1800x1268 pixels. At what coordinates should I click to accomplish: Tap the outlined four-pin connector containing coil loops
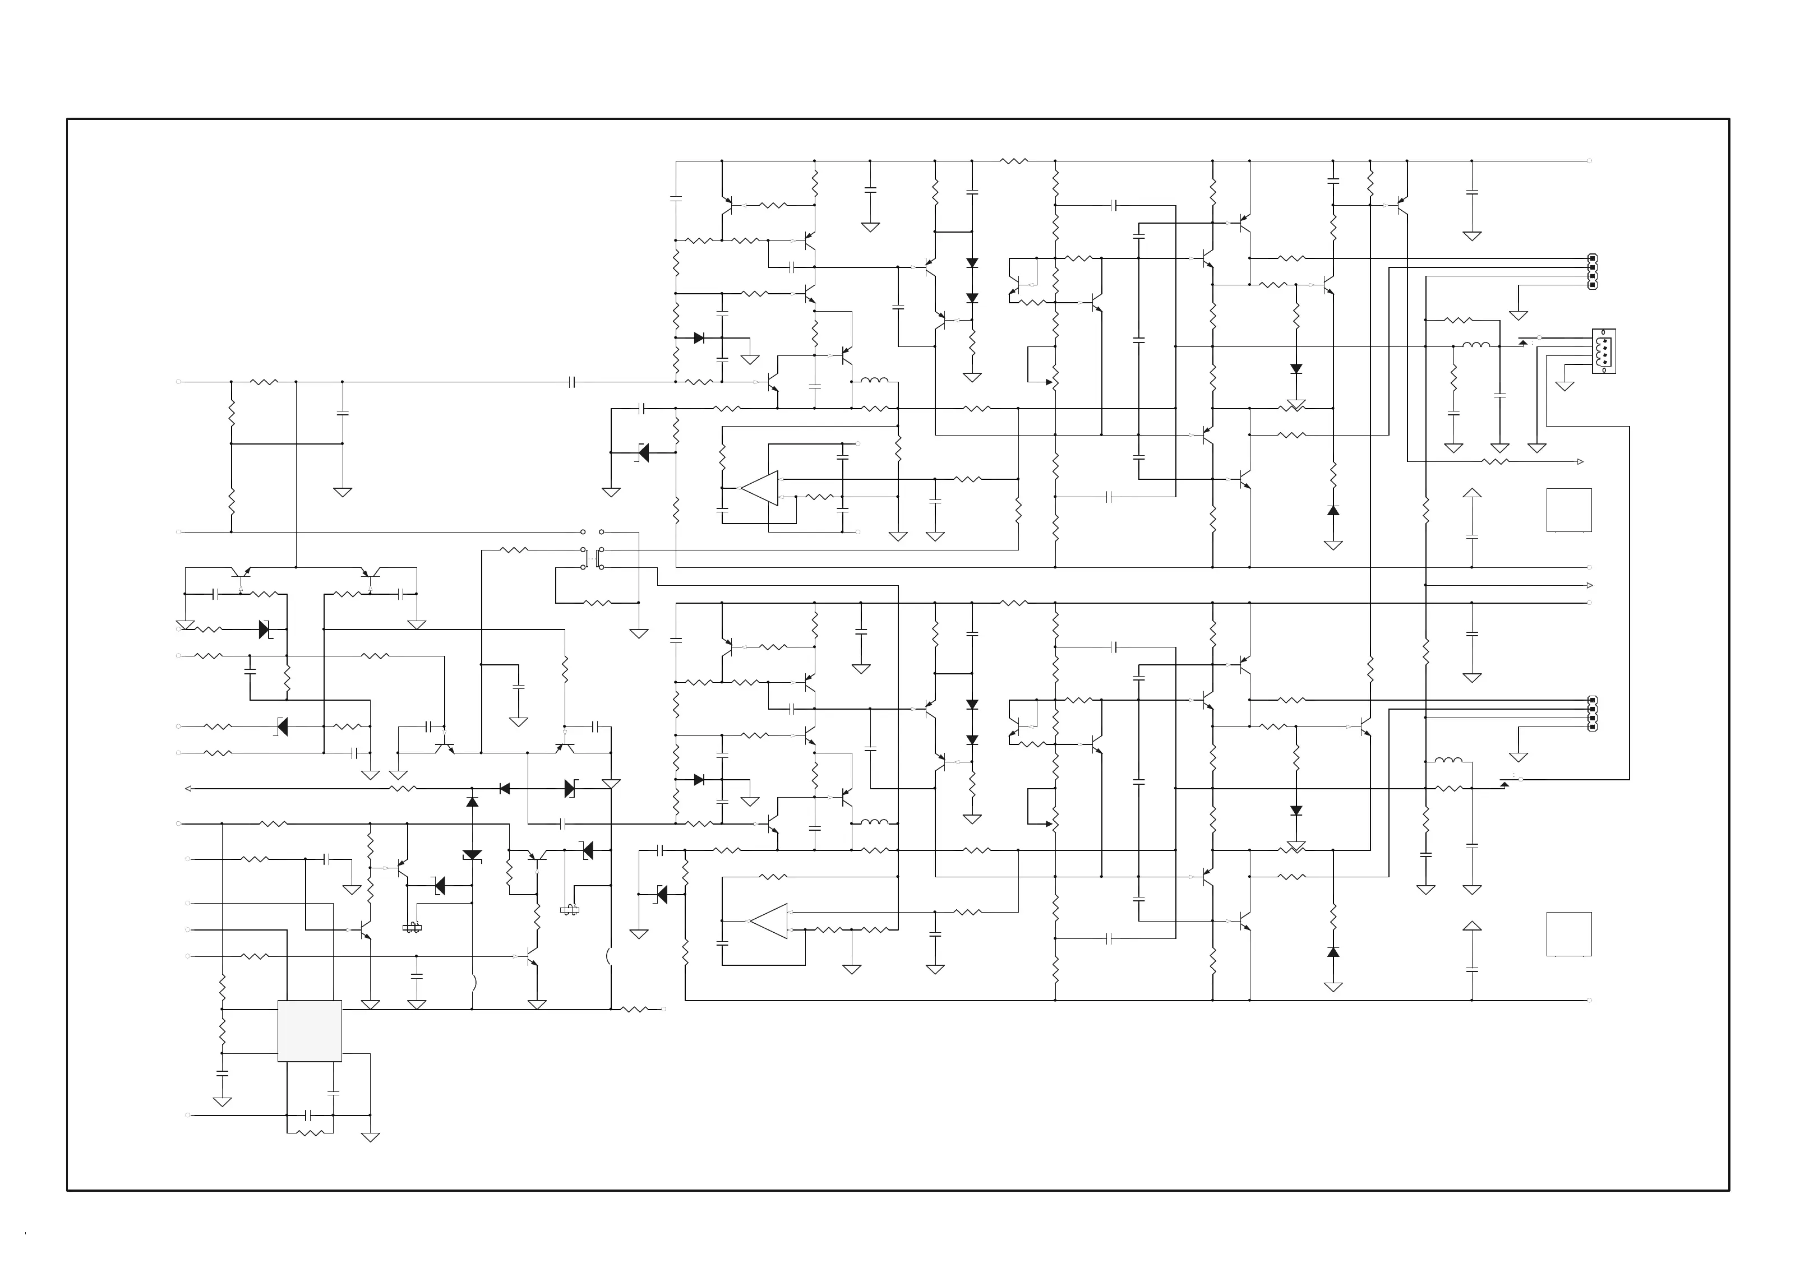coord(1603,351)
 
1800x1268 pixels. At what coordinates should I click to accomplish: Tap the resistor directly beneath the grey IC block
coord(311,1132)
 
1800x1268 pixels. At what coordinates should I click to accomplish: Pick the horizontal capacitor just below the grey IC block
coord(310,1114)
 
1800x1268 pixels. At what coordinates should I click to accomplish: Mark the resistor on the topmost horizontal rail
coord(1014,161)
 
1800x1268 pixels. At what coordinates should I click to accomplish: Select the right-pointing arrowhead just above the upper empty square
coord(1580,461)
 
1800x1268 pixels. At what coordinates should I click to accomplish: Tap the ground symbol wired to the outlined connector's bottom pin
coord(1564,385)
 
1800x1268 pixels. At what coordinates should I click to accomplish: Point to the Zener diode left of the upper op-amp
coord(643,452)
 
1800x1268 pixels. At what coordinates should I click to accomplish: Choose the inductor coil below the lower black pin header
coord(1447,760)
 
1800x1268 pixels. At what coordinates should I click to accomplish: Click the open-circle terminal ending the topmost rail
coord(1589,161)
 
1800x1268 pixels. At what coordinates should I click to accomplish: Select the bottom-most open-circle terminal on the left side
coord(187,1114)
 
